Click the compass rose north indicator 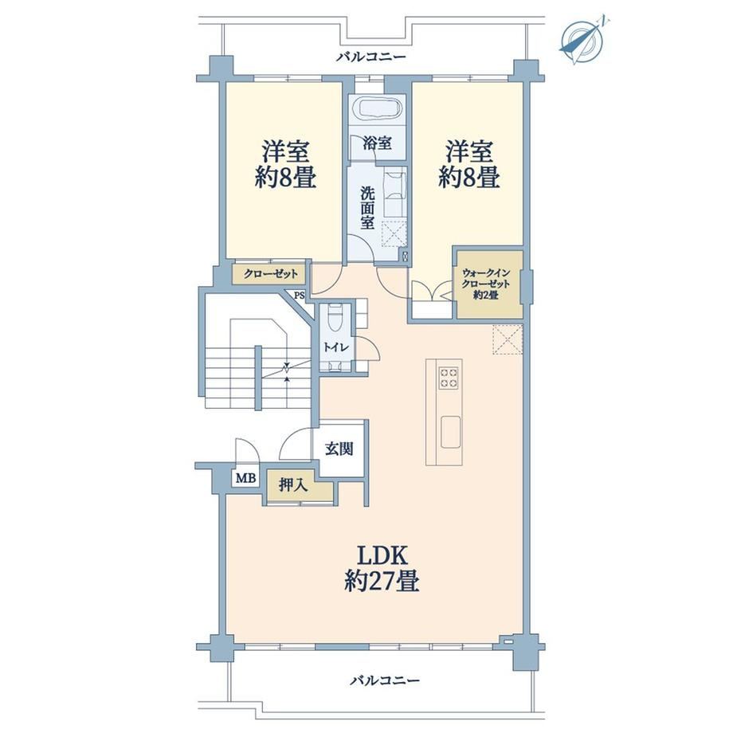(581, 40)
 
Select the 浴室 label (377, 143)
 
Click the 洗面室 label (367, 208)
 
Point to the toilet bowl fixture (335, 318)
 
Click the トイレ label (336, 347)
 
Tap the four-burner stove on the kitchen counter (448, 378)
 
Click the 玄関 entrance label (339, 449)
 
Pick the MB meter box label (245, 478)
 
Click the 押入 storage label (293, 485)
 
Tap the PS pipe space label (300, 296)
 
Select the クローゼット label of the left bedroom (270, 274)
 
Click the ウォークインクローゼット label (486, 284)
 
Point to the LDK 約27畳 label (382, 569)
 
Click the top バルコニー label (371, 57)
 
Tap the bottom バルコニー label (385, 680)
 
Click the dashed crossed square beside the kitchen (508, 339)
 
